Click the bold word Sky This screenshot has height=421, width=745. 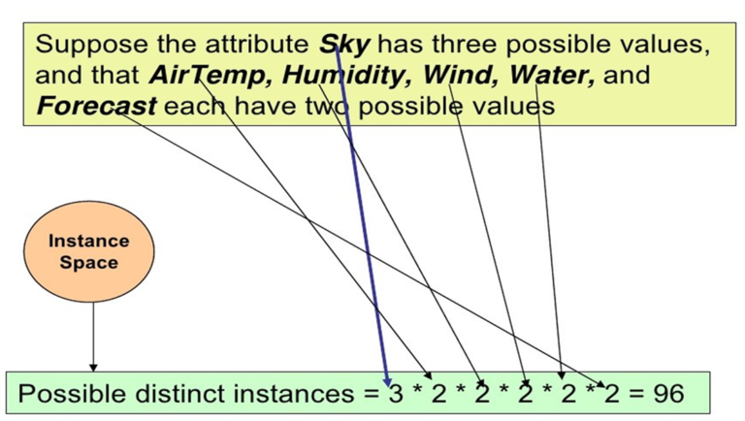(344, 46)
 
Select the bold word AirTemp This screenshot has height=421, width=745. (208, 75)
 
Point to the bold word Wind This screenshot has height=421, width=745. (460, 75)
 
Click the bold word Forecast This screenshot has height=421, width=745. (96, 106)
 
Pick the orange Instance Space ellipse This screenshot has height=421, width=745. (89, 251)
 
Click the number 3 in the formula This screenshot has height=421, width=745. (396, 394)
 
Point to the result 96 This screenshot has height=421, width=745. (668, 394)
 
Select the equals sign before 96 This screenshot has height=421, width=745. (635, 394)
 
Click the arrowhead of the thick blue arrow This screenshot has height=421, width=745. (387, 381)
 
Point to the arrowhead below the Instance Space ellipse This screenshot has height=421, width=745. (93, 368)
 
